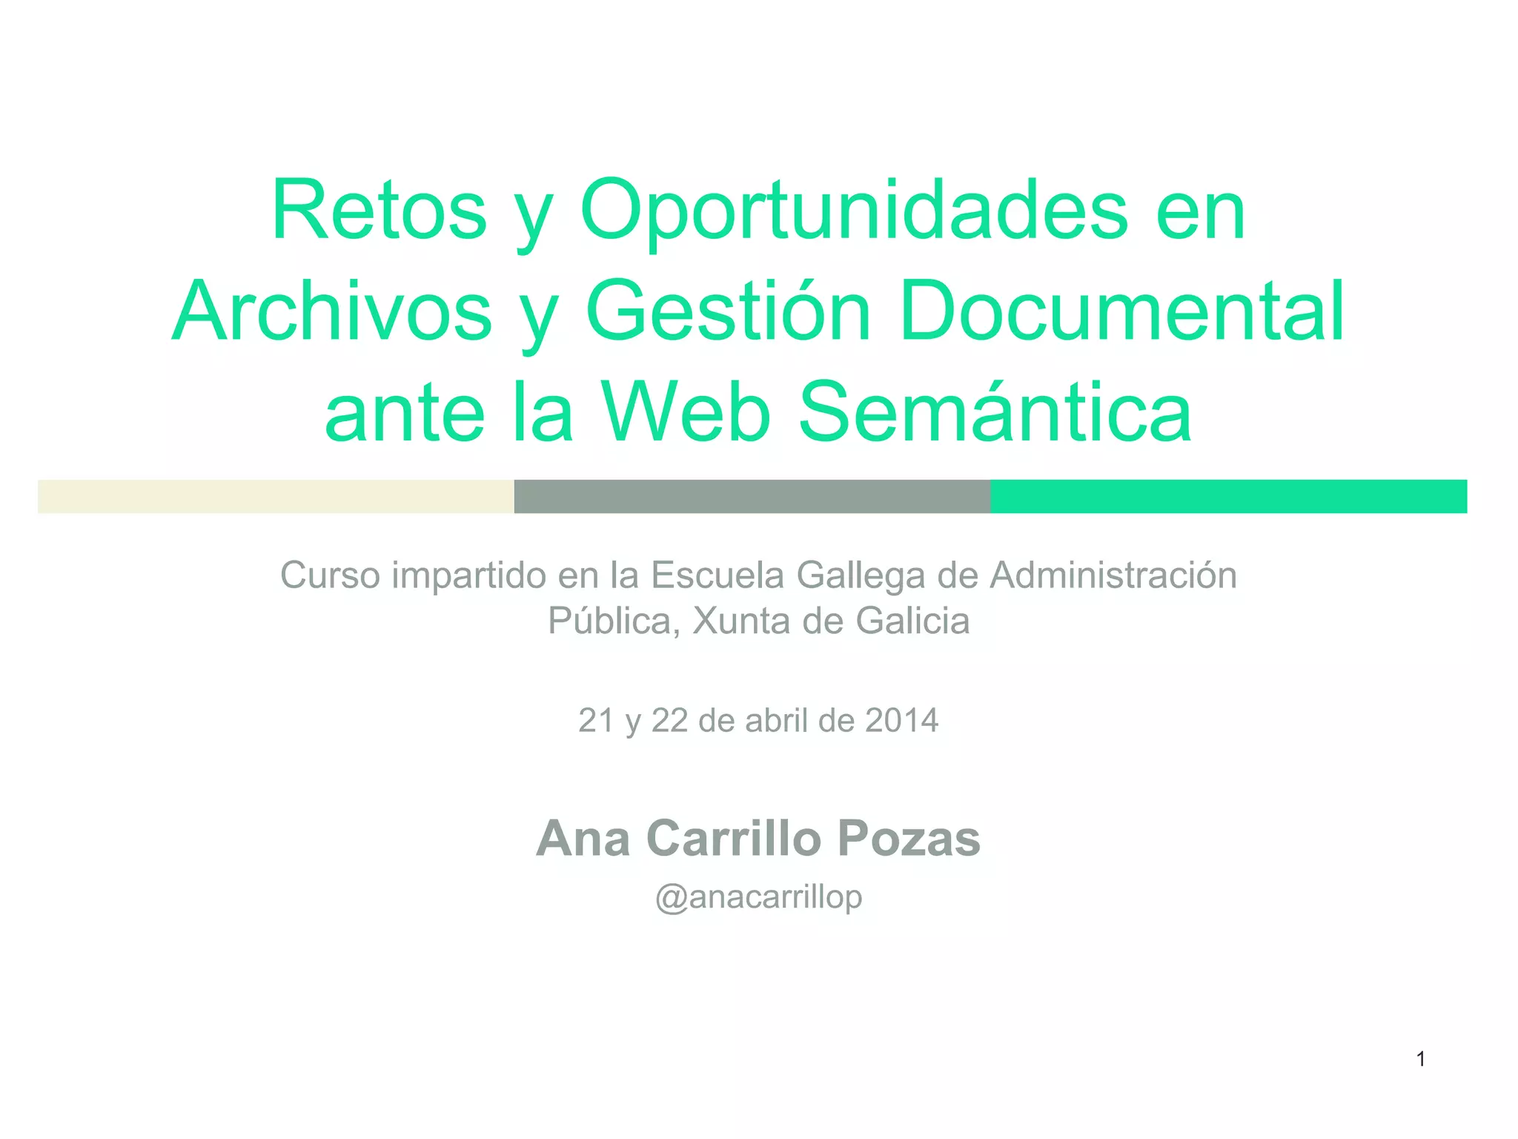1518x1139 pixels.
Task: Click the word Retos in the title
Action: (x=379, y=211)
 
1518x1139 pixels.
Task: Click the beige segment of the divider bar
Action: (x=276, y=496)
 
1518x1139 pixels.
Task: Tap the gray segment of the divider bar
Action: (x=752, y=496)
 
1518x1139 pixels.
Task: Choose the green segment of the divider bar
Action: (x=1228, y=496)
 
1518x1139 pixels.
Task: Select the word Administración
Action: (x=1113, y=575)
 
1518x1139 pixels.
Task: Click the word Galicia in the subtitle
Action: (x=912, y=621)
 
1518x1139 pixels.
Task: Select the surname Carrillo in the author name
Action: (x=734, y=839)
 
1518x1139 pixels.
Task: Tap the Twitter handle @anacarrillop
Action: (x=758, y=897)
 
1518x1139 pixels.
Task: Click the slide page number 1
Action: (x=1421, y=1060)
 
